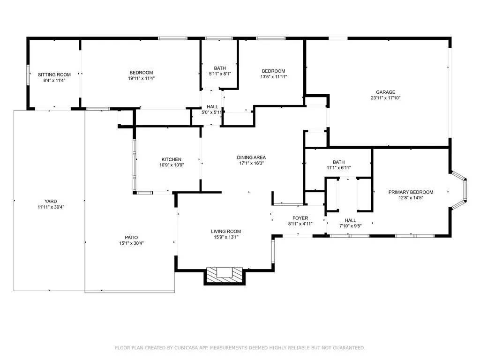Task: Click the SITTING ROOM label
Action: pyautogui.click(x=54, y=75)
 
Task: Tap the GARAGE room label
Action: pyautogui.click(x=385, y=92)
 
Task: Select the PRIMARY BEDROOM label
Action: pyautogui.click(x=411, y=192)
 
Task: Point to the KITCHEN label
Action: pyautogui.click(x=172, y=159)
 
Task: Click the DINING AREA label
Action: pyautogui.click(x=251, y=157)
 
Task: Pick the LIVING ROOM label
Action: pyautogui.click(x=226, y=231)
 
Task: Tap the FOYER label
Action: pyautogui.click(x=300, y=218)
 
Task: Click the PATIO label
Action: pyautogui.click(x=131, y=237)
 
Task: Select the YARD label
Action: pyautogui.click(x=51, y=201)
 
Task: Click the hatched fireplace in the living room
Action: pyautogui.click(x=225, y=275)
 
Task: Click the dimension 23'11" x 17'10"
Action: pyautogui.click(x=385, y=98)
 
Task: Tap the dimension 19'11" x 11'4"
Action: pyautogui.click(x=141, y=78)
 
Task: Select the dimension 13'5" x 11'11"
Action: pyautogui.click(x=274, y=77)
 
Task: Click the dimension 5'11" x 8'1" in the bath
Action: pyautogui.click(x=220, y=74)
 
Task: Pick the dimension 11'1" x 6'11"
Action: pyautogui.click(x=339, y=168)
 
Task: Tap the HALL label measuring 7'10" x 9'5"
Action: pyautogui.click(x=351, y=220)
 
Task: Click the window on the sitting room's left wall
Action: pyautogui.click(x=28, y=75)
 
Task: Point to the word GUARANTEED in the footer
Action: pyautogui.click(x=349, y=348)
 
